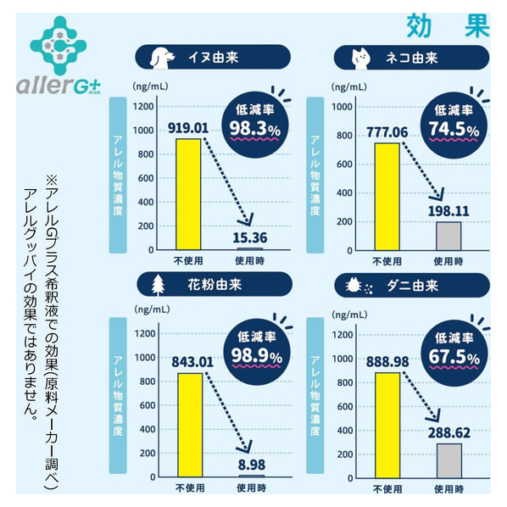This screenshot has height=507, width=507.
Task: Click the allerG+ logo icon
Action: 58,45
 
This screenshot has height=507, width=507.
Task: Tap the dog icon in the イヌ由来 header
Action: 161,58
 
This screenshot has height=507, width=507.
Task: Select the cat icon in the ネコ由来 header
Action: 361,58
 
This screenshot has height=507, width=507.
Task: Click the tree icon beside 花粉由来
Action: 158,286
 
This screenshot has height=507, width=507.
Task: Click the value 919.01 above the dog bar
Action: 188,128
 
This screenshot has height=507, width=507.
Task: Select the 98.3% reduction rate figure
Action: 255,129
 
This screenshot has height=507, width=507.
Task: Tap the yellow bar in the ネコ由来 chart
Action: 387,197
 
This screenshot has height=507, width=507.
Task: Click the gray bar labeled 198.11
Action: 448,236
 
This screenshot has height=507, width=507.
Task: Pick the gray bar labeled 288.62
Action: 449,460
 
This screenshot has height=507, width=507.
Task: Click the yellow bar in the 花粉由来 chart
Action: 190,425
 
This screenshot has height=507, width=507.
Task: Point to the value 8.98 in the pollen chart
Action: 252,465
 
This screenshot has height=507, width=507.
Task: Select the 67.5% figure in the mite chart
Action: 454,357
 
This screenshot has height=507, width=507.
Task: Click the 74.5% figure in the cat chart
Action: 454,130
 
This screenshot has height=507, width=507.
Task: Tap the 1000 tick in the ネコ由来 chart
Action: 342,107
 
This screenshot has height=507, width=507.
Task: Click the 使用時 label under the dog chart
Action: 249,260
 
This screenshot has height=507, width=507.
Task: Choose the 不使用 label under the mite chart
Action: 387,489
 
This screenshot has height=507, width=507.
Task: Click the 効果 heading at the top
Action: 448,26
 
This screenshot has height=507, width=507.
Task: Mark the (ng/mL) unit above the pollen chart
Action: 152,309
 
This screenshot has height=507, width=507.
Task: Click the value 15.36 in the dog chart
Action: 250,238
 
